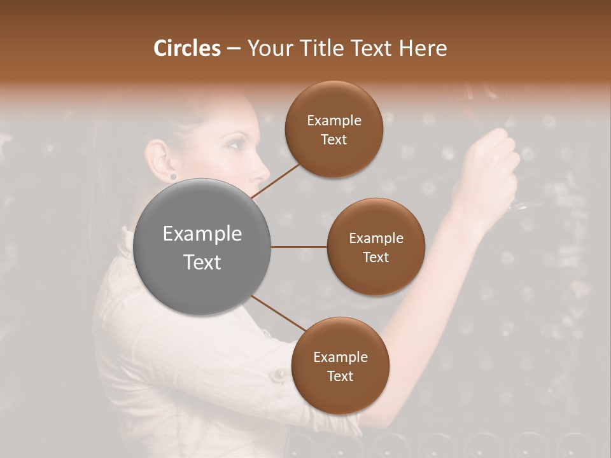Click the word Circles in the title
[187, 48]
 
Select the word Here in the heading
[423, 48]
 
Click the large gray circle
[202, 247]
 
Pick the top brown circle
[334, 130]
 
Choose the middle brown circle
[376, 247]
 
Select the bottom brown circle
[341, 366]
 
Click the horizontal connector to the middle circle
[298, 247]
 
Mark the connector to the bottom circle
[278, 314]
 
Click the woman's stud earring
[172, 176]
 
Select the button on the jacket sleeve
[278, 375]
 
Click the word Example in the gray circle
[202, 234]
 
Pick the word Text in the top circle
[334, 139]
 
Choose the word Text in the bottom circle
[341, 376]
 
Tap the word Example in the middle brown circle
[376, 238]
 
